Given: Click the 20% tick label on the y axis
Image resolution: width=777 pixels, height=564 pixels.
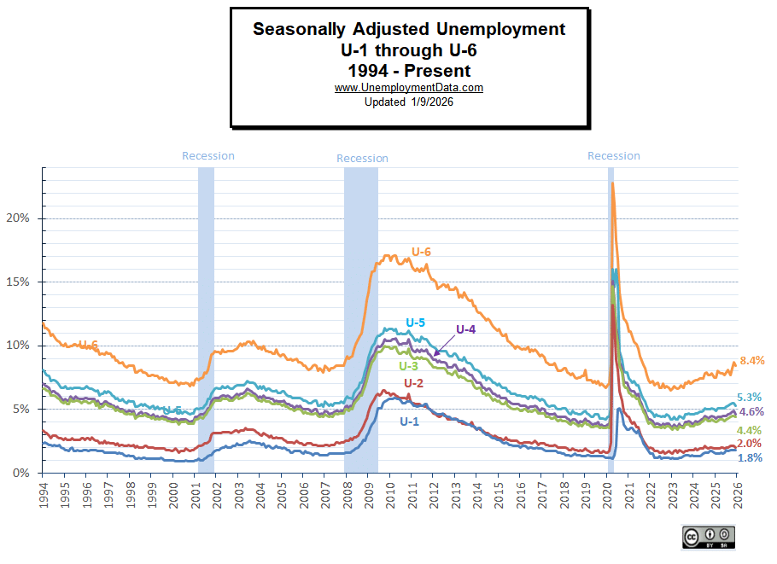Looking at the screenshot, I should pyautogui.click(x=17, y=218).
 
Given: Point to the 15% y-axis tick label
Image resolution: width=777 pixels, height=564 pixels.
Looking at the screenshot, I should pyautogui.click(x=17, y=282).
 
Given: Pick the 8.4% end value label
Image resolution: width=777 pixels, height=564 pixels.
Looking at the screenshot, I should pyautogui.click(x=751, y=361).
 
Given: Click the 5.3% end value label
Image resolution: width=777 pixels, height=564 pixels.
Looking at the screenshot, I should pyautogui.click(x=749, y=397).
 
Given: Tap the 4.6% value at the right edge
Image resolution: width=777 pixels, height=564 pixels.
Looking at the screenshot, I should pyautogui.click(x=751, y=412).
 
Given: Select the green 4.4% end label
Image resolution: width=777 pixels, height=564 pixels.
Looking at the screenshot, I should pyautogui.click(x=749, y=430).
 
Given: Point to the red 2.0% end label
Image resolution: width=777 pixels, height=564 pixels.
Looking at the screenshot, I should pyautogui.click(x=749, y=444).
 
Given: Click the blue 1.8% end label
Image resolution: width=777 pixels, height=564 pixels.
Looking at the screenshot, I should pyautogui.click(x=749, y=458).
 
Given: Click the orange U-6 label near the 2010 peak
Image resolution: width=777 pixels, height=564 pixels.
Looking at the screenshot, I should pyautogui.click(x=422, y=252).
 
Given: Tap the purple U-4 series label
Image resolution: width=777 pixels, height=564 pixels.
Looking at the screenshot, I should pyautogui.click(x=465, y=329).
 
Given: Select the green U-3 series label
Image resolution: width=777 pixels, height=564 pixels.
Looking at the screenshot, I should pyautogui.click(x=408, y=365).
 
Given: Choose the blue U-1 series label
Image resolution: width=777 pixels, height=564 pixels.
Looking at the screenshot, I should pyautogui.click(x=410, y=421).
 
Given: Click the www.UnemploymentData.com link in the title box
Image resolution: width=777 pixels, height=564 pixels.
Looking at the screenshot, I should pyautogui.click(x=409, y=88).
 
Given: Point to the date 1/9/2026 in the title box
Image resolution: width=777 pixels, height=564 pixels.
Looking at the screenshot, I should pyautogui.click(x=430, y=102).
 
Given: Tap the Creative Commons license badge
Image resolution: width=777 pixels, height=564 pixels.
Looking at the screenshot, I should pyautogui.click(x=709, y=537).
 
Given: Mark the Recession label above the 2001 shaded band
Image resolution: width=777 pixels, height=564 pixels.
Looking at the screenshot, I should pyautogui.click(x=208, y=156).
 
